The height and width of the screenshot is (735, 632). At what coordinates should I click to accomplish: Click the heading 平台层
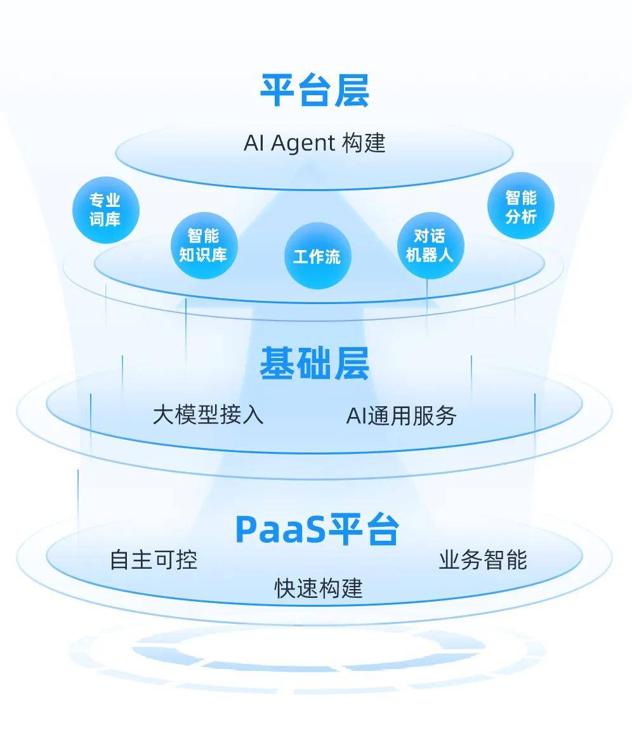point(314,91)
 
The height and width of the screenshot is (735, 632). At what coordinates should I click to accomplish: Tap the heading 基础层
point(314,363)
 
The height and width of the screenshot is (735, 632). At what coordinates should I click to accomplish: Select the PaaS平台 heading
point(317,529)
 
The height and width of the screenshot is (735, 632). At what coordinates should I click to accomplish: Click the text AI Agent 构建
point(314,143)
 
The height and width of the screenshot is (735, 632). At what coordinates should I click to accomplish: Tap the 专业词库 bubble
point(106,209)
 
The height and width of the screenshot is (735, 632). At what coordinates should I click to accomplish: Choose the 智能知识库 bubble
point(204,245)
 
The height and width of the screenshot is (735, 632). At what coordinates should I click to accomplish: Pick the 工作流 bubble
point(318,256)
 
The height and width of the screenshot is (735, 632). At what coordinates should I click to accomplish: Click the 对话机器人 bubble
point(431,245)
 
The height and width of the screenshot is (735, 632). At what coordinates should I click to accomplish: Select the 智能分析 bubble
point(520,206)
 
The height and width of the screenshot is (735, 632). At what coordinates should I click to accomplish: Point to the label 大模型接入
point(208,415)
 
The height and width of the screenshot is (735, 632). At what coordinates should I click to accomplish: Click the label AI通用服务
point(401,416)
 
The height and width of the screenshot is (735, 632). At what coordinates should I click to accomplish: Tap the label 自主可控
point(154,560)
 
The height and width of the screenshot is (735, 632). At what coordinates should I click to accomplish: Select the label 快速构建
point(319,588)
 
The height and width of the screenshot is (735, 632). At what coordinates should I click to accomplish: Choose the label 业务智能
point(483,560)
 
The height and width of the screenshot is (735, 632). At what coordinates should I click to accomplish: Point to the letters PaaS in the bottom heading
point(280,529)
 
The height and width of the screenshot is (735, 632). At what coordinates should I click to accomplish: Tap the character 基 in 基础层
point(277,363)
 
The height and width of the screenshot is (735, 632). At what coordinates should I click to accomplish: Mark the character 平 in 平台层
point(277,91)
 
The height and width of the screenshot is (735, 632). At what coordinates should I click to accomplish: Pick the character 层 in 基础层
point(352,363)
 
